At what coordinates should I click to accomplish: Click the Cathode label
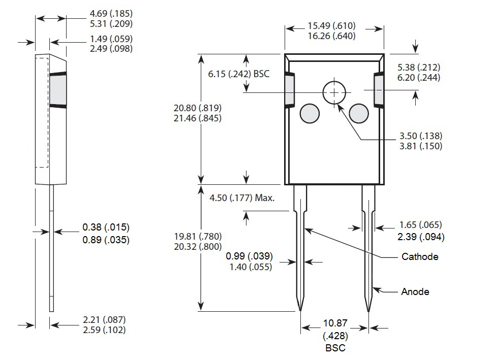point(419,257)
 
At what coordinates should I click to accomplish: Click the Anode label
point(415,291)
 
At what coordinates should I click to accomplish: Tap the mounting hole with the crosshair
point(334,92)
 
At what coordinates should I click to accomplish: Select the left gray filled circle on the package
point(310,113)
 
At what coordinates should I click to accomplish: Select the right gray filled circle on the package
point(359,113)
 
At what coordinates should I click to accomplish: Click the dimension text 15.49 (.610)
point(331,26)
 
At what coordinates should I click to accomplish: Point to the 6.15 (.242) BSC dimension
point(238,74)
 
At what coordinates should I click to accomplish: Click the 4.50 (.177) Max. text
point(242,198)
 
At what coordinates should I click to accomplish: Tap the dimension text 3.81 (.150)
point(420,146)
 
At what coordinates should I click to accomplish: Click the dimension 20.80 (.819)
point(197,108)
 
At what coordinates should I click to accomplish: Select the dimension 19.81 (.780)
point(197,237)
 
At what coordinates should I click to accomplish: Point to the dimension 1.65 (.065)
point(420,225)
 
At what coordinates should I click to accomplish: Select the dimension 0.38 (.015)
point(106,227)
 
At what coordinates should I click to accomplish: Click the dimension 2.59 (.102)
point(104,330)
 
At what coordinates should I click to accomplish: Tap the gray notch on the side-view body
point(58,90)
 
